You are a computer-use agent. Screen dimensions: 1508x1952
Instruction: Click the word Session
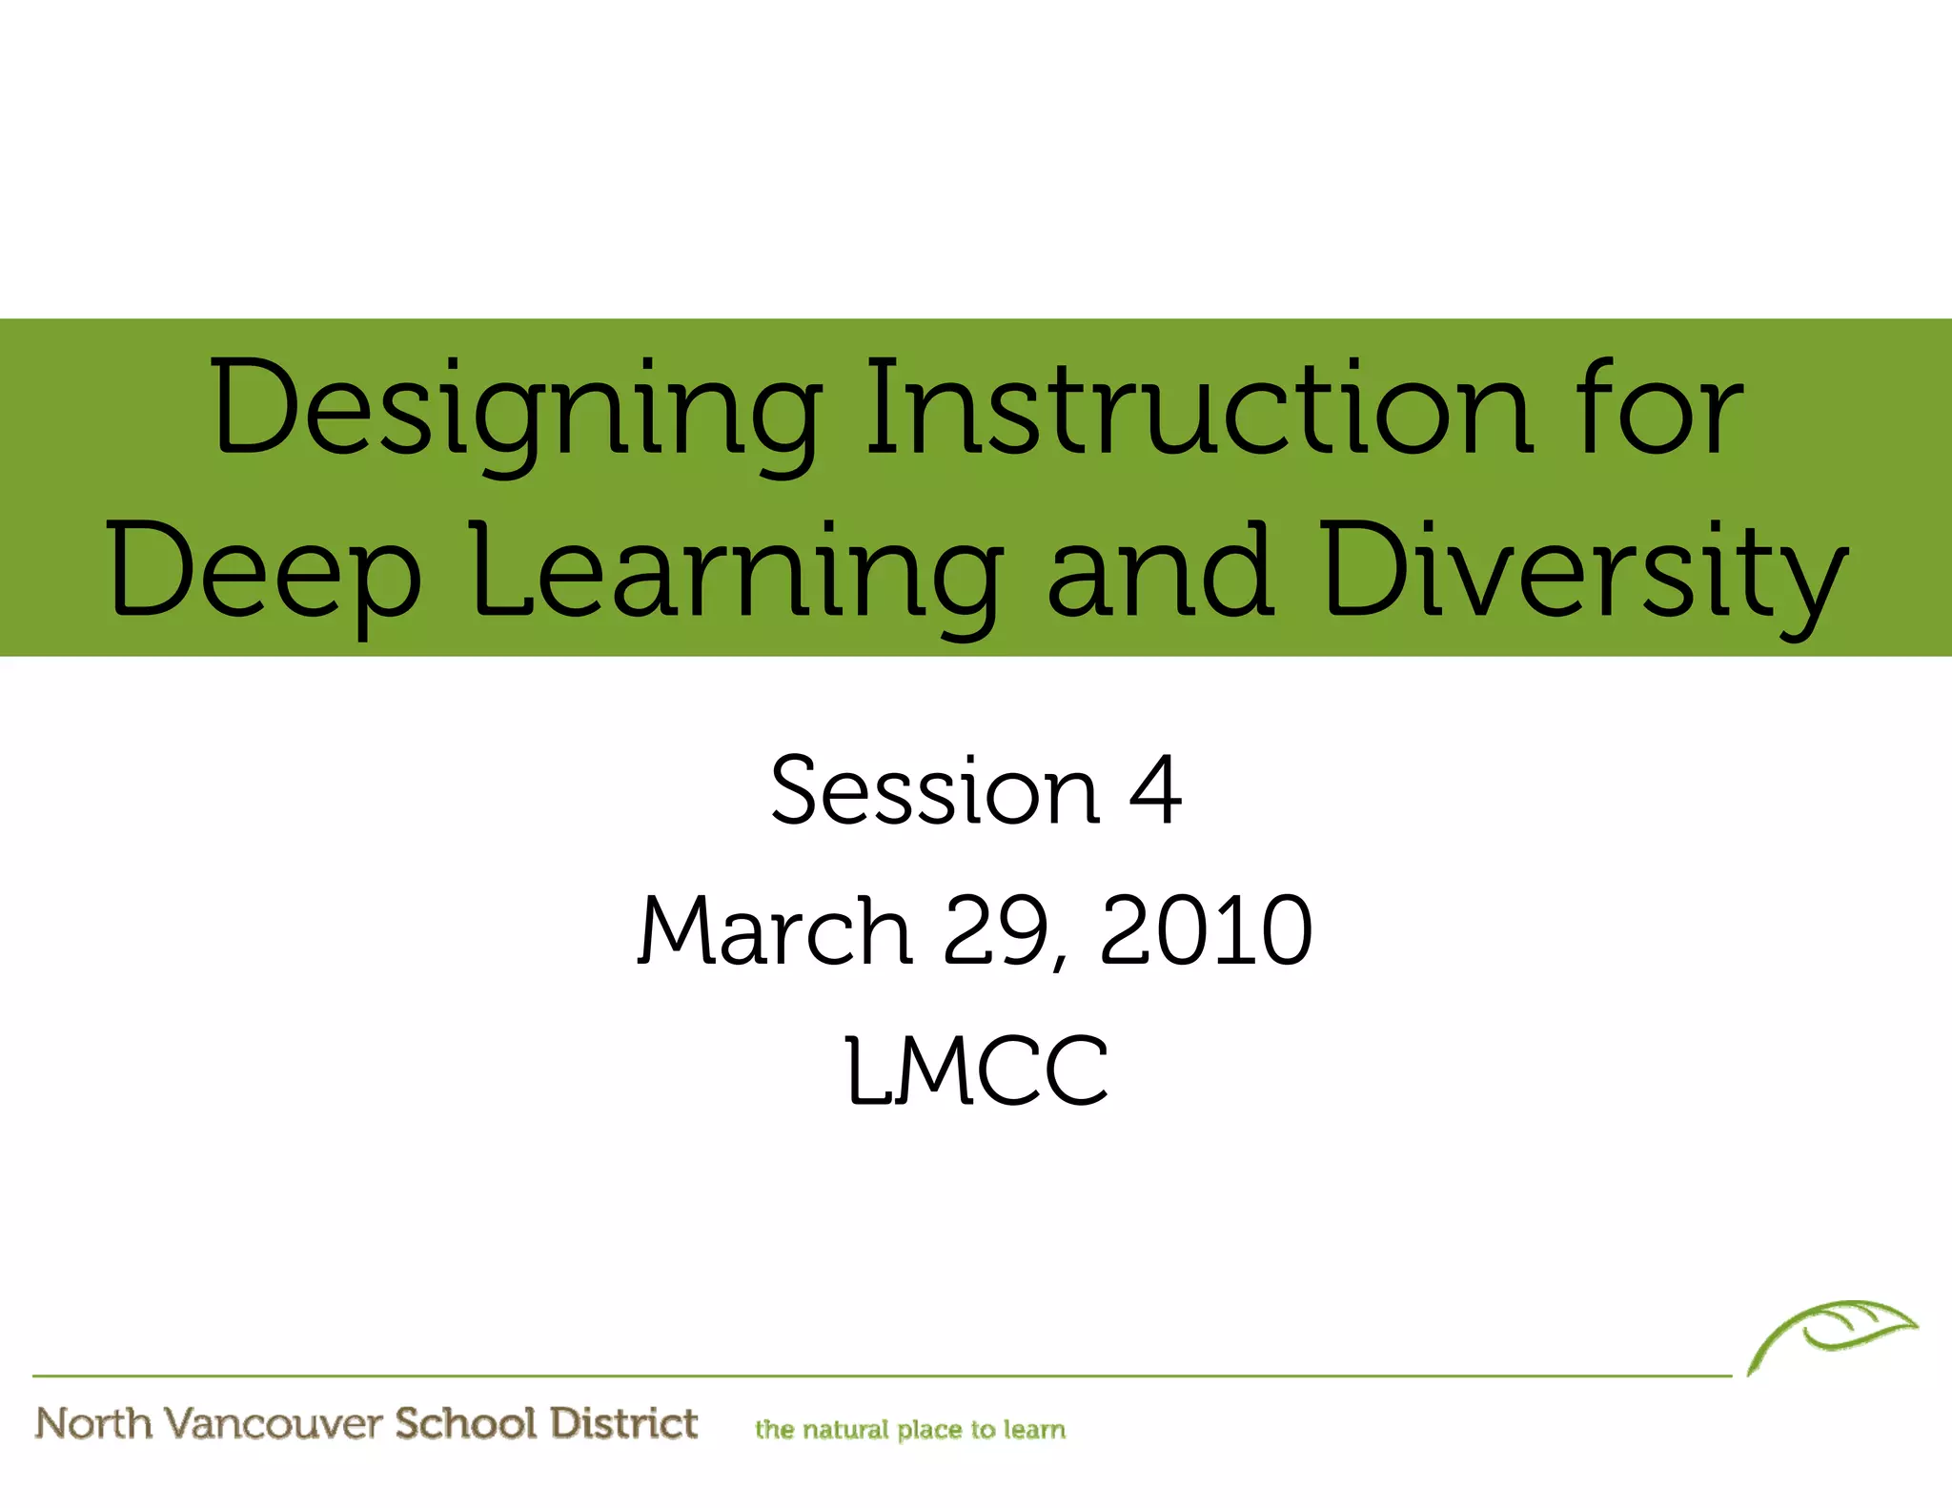point(935,790)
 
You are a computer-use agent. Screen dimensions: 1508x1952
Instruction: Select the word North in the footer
point(93,1423)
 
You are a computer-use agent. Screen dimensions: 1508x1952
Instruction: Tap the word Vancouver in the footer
point(273,1423)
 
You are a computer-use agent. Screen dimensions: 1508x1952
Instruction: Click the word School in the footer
point(466,1423)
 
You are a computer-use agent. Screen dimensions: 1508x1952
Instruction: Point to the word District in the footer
point(624,1423)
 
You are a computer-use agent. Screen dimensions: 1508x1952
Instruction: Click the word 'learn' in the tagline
point(1034,1430)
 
